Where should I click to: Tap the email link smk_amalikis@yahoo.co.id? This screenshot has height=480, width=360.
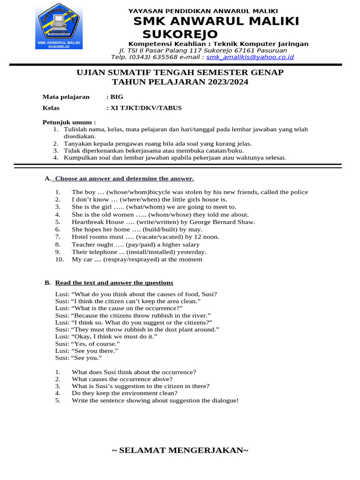tap(250, 57)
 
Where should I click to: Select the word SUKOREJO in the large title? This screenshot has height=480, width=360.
tap(180, 34)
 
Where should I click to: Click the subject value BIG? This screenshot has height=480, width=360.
tap(117, 97)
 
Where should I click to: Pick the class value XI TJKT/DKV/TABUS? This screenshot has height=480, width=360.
tap(146, 108)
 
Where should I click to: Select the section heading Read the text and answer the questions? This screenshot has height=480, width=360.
tap(114, 283)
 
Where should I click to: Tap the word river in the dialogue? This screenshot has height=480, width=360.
tap(200, 316)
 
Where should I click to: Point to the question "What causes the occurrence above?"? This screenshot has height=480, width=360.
tap(122, 379)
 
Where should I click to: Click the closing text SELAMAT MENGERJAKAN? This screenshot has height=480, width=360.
tap(180, 450)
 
